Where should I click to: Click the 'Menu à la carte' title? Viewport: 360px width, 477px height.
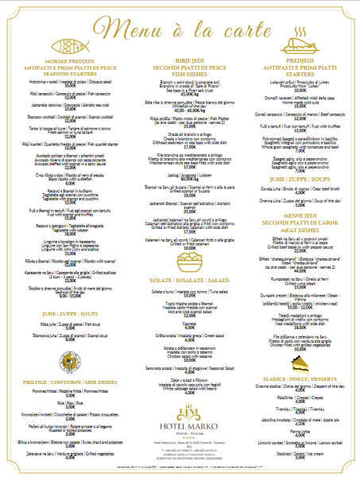coord(180,29)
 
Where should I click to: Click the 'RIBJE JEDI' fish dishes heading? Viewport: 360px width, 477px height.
coord(180,60)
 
